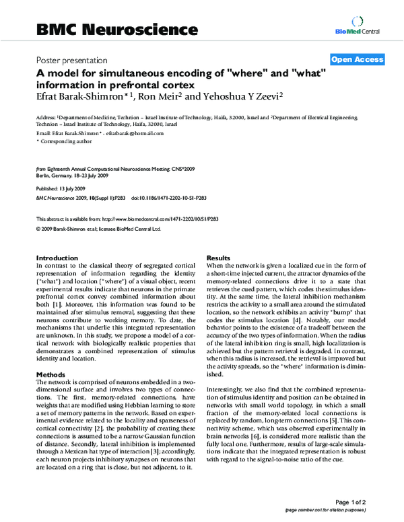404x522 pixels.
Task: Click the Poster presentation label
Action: coord(72,59)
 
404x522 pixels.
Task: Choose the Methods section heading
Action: coord(53,373)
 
